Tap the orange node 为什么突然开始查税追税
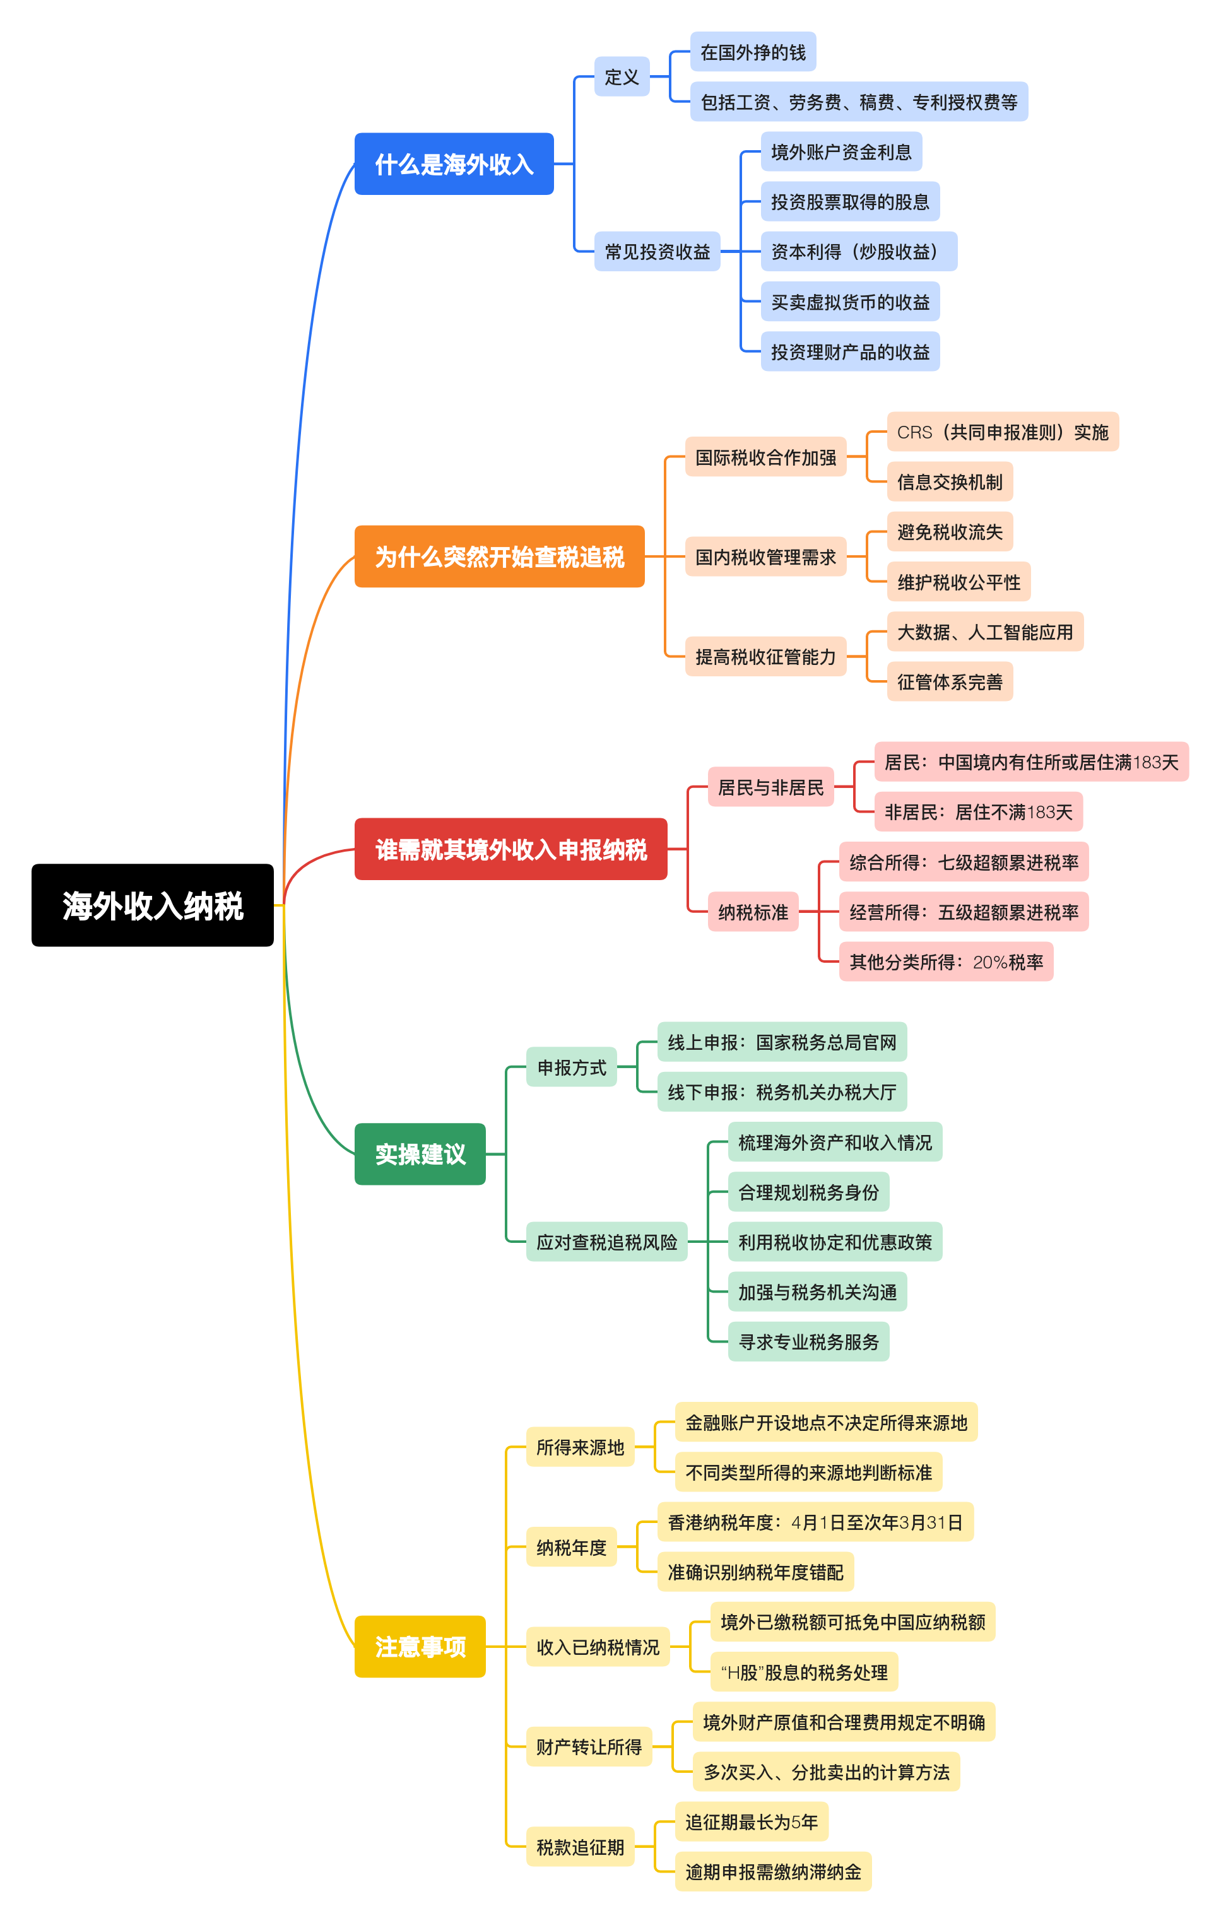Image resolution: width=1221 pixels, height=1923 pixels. pos(499,556)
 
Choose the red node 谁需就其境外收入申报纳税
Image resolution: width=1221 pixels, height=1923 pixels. pos(510,849)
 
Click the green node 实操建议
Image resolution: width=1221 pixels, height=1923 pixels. pos(420,1154)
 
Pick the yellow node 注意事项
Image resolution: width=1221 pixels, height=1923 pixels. pos(420,1646)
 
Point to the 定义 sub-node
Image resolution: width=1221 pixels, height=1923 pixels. pos(622,77)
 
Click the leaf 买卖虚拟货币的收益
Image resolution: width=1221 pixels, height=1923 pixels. pos(850,302)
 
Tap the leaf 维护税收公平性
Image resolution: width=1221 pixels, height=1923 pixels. pos(959,582)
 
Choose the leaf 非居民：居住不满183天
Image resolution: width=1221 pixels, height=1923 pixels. pos(978,812)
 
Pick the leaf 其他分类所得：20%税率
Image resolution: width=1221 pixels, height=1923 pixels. pos(947,961)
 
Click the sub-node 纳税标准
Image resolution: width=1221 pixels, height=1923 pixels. pos(752,912)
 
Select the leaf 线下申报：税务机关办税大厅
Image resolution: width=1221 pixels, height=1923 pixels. pos(782,1091)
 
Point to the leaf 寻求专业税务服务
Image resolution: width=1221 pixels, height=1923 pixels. pos(808,1342)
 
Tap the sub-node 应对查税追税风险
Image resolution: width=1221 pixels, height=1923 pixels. pos(606,1242)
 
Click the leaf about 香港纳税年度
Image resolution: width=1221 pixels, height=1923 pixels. pos(815,1522)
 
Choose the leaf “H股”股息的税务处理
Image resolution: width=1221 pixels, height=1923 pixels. pos(804,1673)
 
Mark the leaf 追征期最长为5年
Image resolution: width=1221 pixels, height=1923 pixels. pos(751,1821)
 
